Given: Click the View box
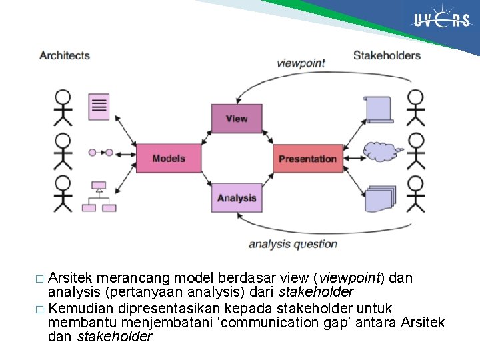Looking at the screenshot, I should click(x=236, y=119).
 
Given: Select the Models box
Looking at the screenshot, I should click(x=169, y=159).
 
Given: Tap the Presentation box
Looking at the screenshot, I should click(x=307, y=159).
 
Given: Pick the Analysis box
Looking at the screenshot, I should click(x=236, y=198).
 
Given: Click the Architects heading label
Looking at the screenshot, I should click(x=65, y=55).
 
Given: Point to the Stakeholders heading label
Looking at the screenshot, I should click(x=387, y=55).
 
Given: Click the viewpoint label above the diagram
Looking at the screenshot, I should click(x=301, y=63).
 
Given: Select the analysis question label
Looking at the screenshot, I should click(x=293, y=244).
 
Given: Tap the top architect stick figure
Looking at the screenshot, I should click(x=63, y=107).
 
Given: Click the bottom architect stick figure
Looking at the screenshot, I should click(x=63, y=192).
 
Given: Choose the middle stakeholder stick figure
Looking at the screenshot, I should click(x=415, y=150).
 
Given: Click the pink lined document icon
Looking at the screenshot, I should click(x=99, y=107).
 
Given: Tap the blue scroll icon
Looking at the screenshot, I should click(x=379, y=108).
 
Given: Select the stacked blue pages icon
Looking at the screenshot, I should click(x=380, y=198).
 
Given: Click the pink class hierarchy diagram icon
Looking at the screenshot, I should click(x=99, y=197).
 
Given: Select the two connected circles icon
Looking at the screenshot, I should click(x=101, y=153).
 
